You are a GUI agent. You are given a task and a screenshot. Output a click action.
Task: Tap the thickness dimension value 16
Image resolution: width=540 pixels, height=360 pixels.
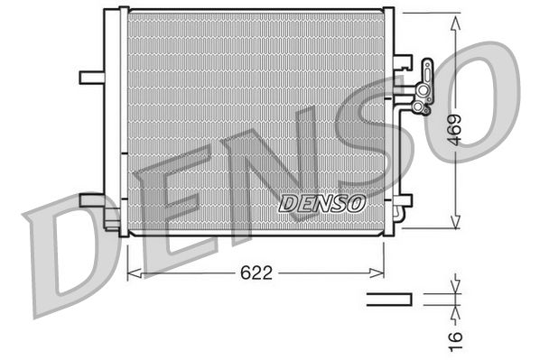(x=456, y=336)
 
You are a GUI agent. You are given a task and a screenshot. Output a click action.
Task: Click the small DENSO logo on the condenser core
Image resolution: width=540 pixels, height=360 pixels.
(x=321, y=203)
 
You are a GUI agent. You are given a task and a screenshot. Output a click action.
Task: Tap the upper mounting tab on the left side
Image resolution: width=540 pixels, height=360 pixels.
(x=92, y=77)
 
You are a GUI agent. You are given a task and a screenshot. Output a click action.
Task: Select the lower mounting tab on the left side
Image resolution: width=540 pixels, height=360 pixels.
(x=92, y=199)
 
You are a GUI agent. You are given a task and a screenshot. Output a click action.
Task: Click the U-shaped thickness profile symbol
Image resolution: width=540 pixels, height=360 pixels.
(x=388, y=297)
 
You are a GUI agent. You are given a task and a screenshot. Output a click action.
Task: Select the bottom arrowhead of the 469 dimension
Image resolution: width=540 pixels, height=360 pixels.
(x=456, y=225)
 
